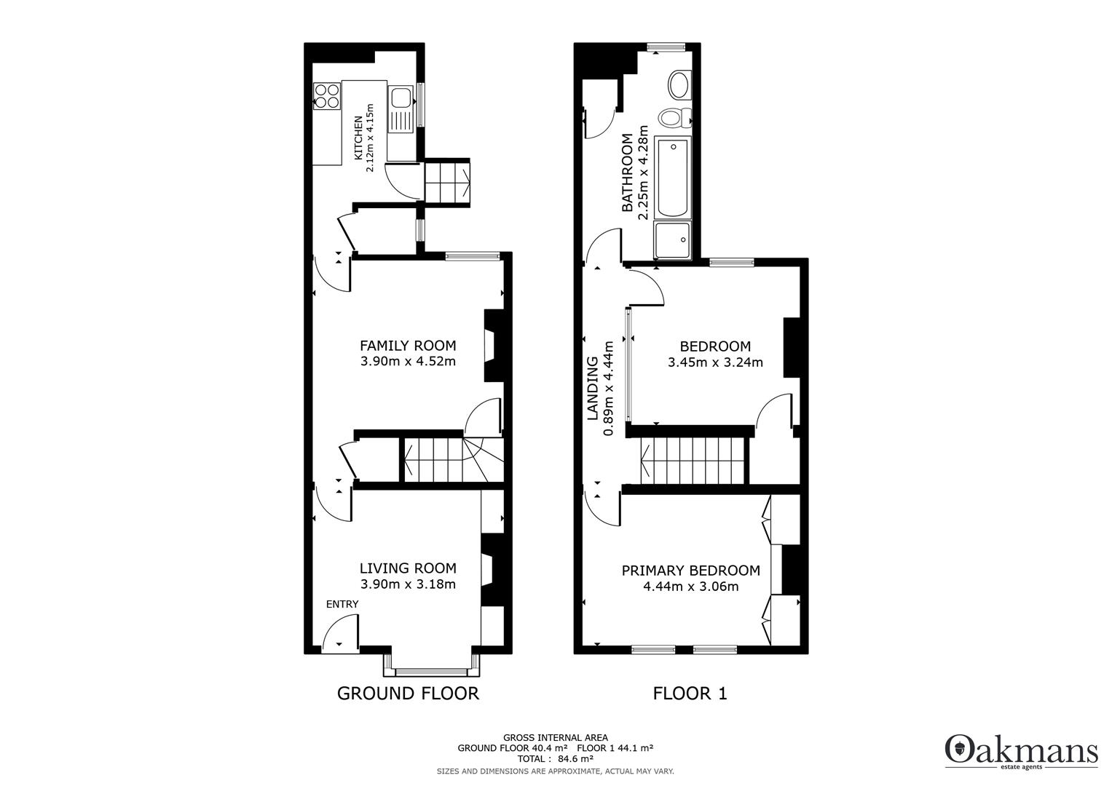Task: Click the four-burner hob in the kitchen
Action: click(x=327, y=96)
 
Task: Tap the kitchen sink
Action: click(x=401, y=108)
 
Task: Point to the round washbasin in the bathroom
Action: click(x=680, y=84)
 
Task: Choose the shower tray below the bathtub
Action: click(x=672, y=240)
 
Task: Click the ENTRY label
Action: click(x=342, y=604)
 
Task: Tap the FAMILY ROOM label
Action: click(x=408, y=346)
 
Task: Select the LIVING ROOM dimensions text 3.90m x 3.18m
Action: click(x=408, y=584)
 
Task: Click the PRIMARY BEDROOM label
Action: click(x=690, y=571)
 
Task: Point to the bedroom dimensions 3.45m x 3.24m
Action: click(x=715, y=362)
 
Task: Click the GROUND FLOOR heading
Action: click(x=408, y=694)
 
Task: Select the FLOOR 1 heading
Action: click(x=690, y=694)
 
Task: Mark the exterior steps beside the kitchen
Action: click(x=447, y=181)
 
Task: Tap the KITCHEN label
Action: click(x=358, y=138)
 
